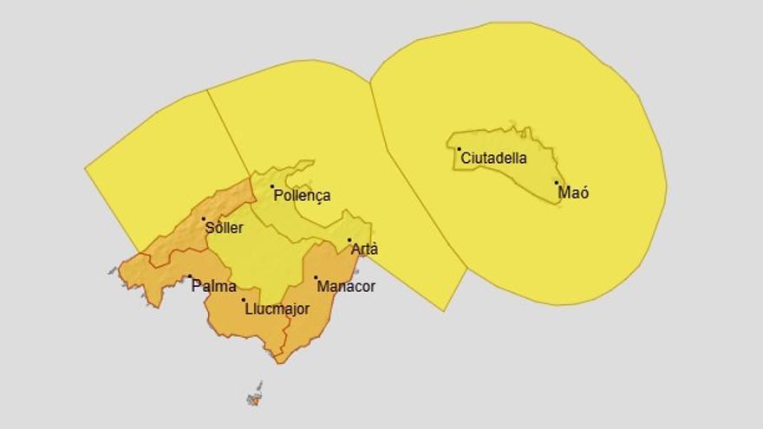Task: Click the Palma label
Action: click(213, 286)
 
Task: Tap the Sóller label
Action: click(224, 229)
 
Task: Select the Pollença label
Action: click(302, 196)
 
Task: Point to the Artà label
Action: click(364, 250)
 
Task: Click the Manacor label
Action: click(346, 286)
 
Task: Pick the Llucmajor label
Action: click(277, 309)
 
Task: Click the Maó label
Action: click(573, 192)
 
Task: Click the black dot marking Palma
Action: click(190, 277)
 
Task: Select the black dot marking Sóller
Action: click(204, 219)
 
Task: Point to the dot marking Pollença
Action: click(272, 186)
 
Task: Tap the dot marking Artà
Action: click(349, 240)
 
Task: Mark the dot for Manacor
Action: click(316, 277)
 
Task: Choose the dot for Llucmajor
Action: click(244, 300)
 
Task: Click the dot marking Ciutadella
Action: click(460, 149)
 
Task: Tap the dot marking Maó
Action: click(557, 183)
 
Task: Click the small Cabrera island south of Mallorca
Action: click(255, 399)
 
